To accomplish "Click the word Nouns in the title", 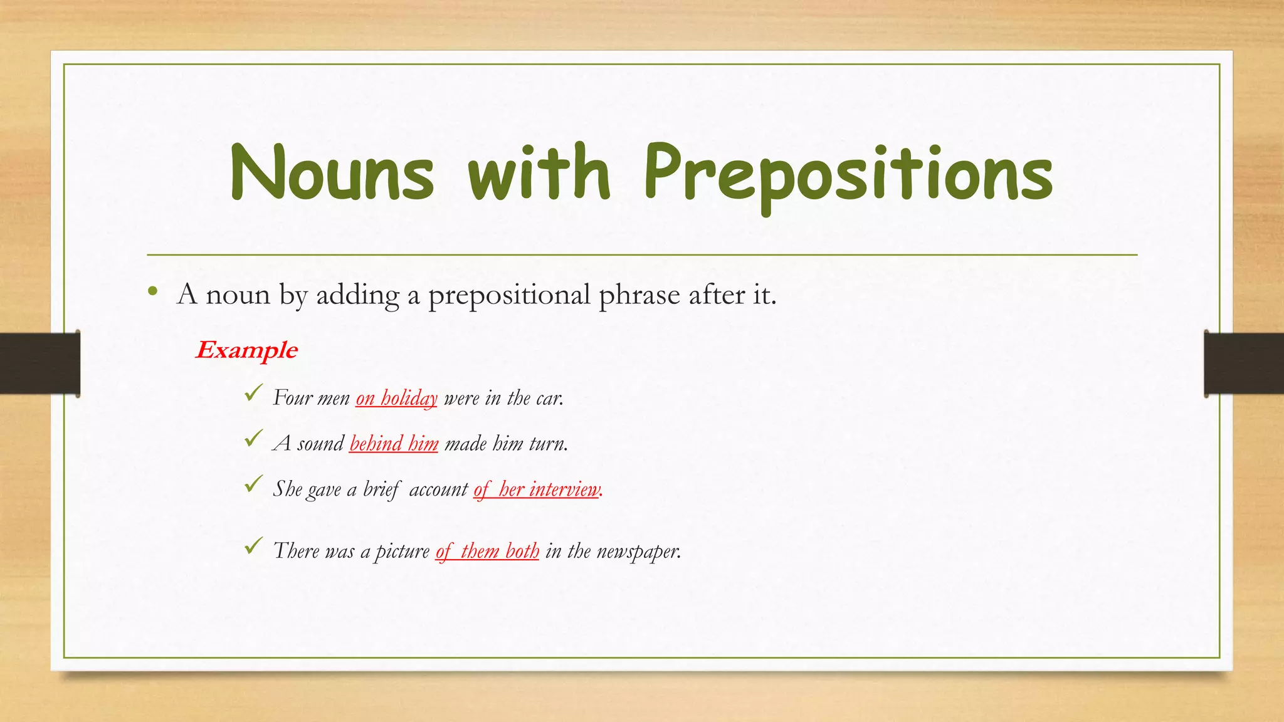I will click(332, 172).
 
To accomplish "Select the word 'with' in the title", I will click(539, 172).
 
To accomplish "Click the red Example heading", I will click(246, 350).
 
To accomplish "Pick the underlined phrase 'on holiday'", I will click(396, 398).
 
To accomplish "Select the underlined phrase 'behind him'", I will click(394, 444).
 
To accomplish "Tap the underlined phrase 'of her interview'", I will click(537, 489).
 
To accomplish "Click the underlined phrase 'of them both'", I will click(487, 551).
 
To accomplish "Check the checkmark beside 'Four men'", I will click(253, 394).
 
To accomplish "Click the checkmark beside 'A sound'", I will click(253, 439).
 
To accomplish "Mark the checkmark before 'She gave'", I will click(253, 484).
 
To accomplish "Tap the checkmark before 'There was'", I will click(253, 546).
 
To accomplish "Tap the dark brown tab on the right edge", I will click(1244, 364).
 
